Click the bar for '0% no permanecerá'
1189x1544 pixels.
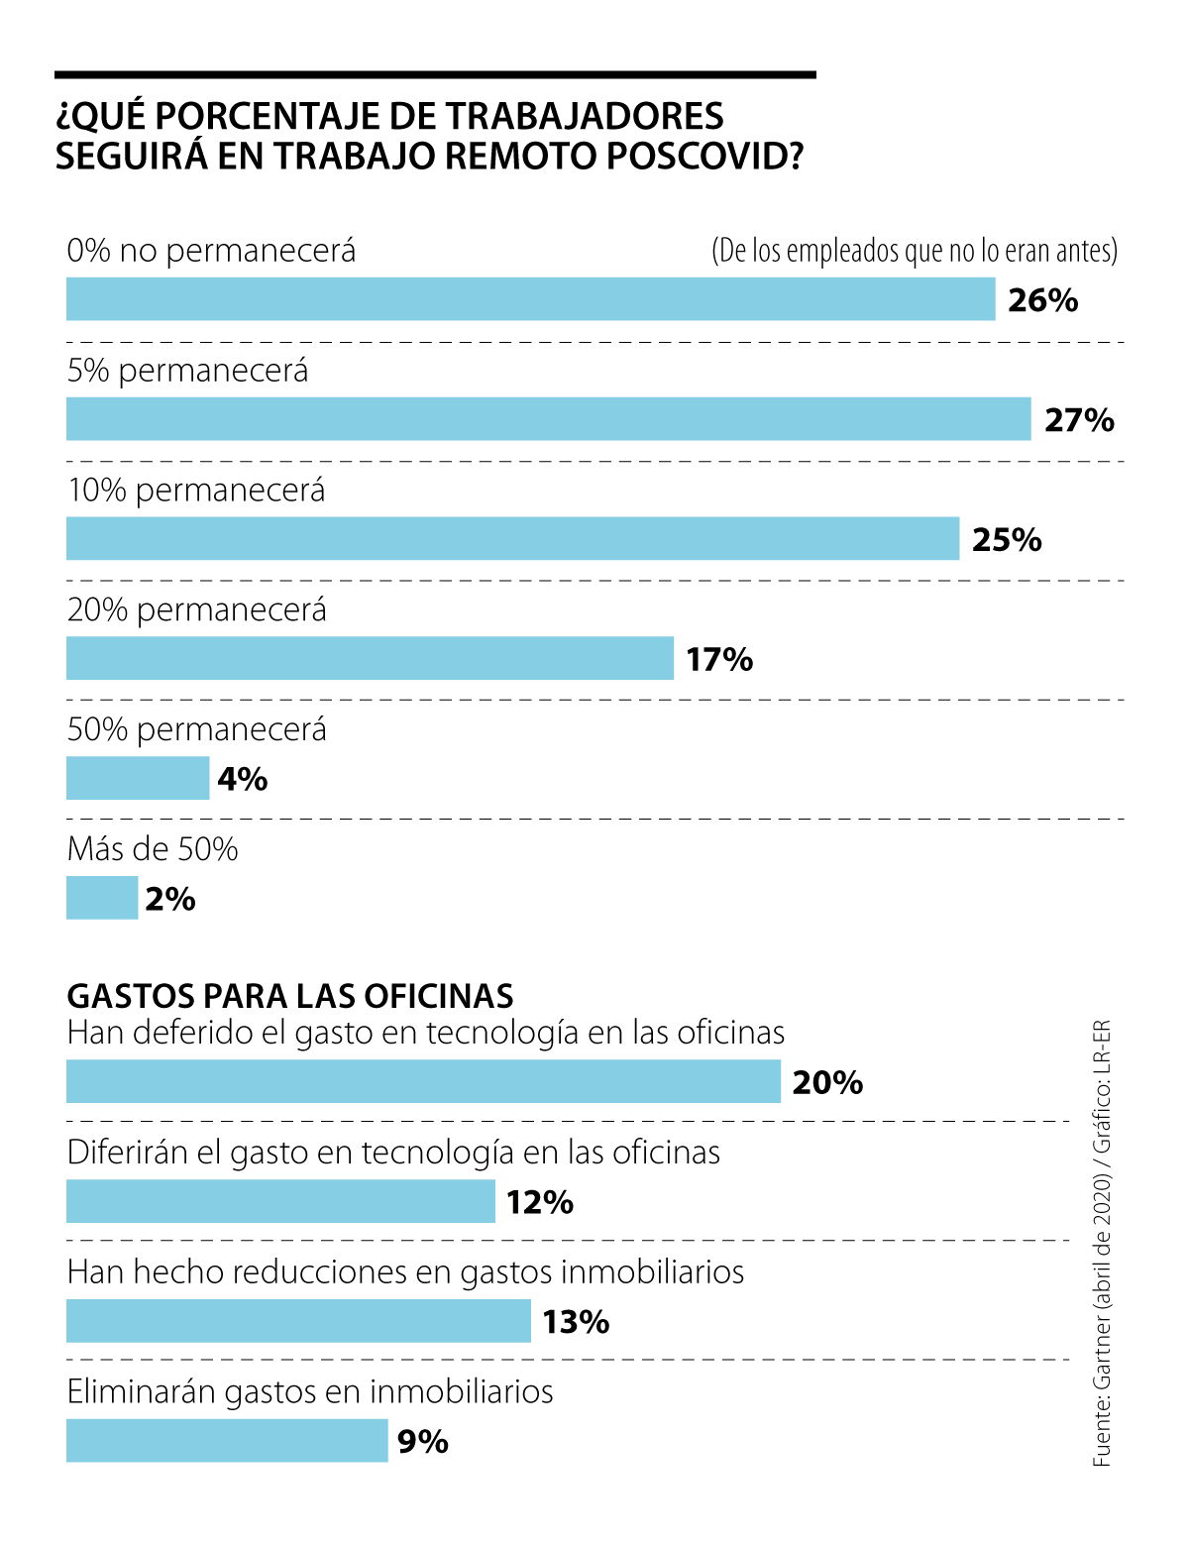(x=530, y=299)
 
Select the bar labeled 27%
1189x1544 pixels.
(x=548, y=419)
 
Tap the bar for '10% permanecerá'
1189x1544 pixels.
(x=512, y=538)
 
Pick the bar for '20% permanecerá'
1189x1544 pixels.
(x=370, y=658)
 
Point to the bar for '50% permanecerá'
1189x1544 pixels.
(x=138, y=778)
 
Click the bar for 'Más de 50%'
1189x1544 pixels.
(x=102, y=898)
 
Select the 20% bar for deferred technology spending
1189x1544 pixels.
(x=423, y=1081)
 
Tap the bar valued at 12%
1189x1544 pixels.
(x=280, y=1201)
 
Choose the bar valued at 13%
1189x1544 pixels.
(x=298, y=1321)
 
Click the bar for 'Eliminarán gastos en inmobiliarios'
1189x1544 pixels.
(x=227, y=1441)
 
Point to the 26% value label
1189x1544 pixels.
(x=1042, y=300)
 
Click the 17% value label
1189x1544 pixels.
(x=719, y=659)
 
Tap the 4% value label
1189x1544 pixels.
(x=243, y=779)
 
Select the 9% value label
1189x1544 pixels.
(x=423, y=1442)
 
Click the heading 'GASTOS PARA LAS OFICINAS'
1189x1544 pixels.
(x=290, y=995)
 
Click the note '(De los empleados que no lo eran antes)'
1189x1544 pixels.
(x=914, y=251)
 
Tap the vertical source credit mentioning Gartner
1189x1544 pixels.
(x=1102, y=1244)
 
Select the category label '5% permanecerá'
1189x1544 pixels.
(x=188, y=371)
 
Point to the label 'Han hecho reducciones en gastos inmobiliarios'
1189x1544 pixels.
(x=405, y=1271)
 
